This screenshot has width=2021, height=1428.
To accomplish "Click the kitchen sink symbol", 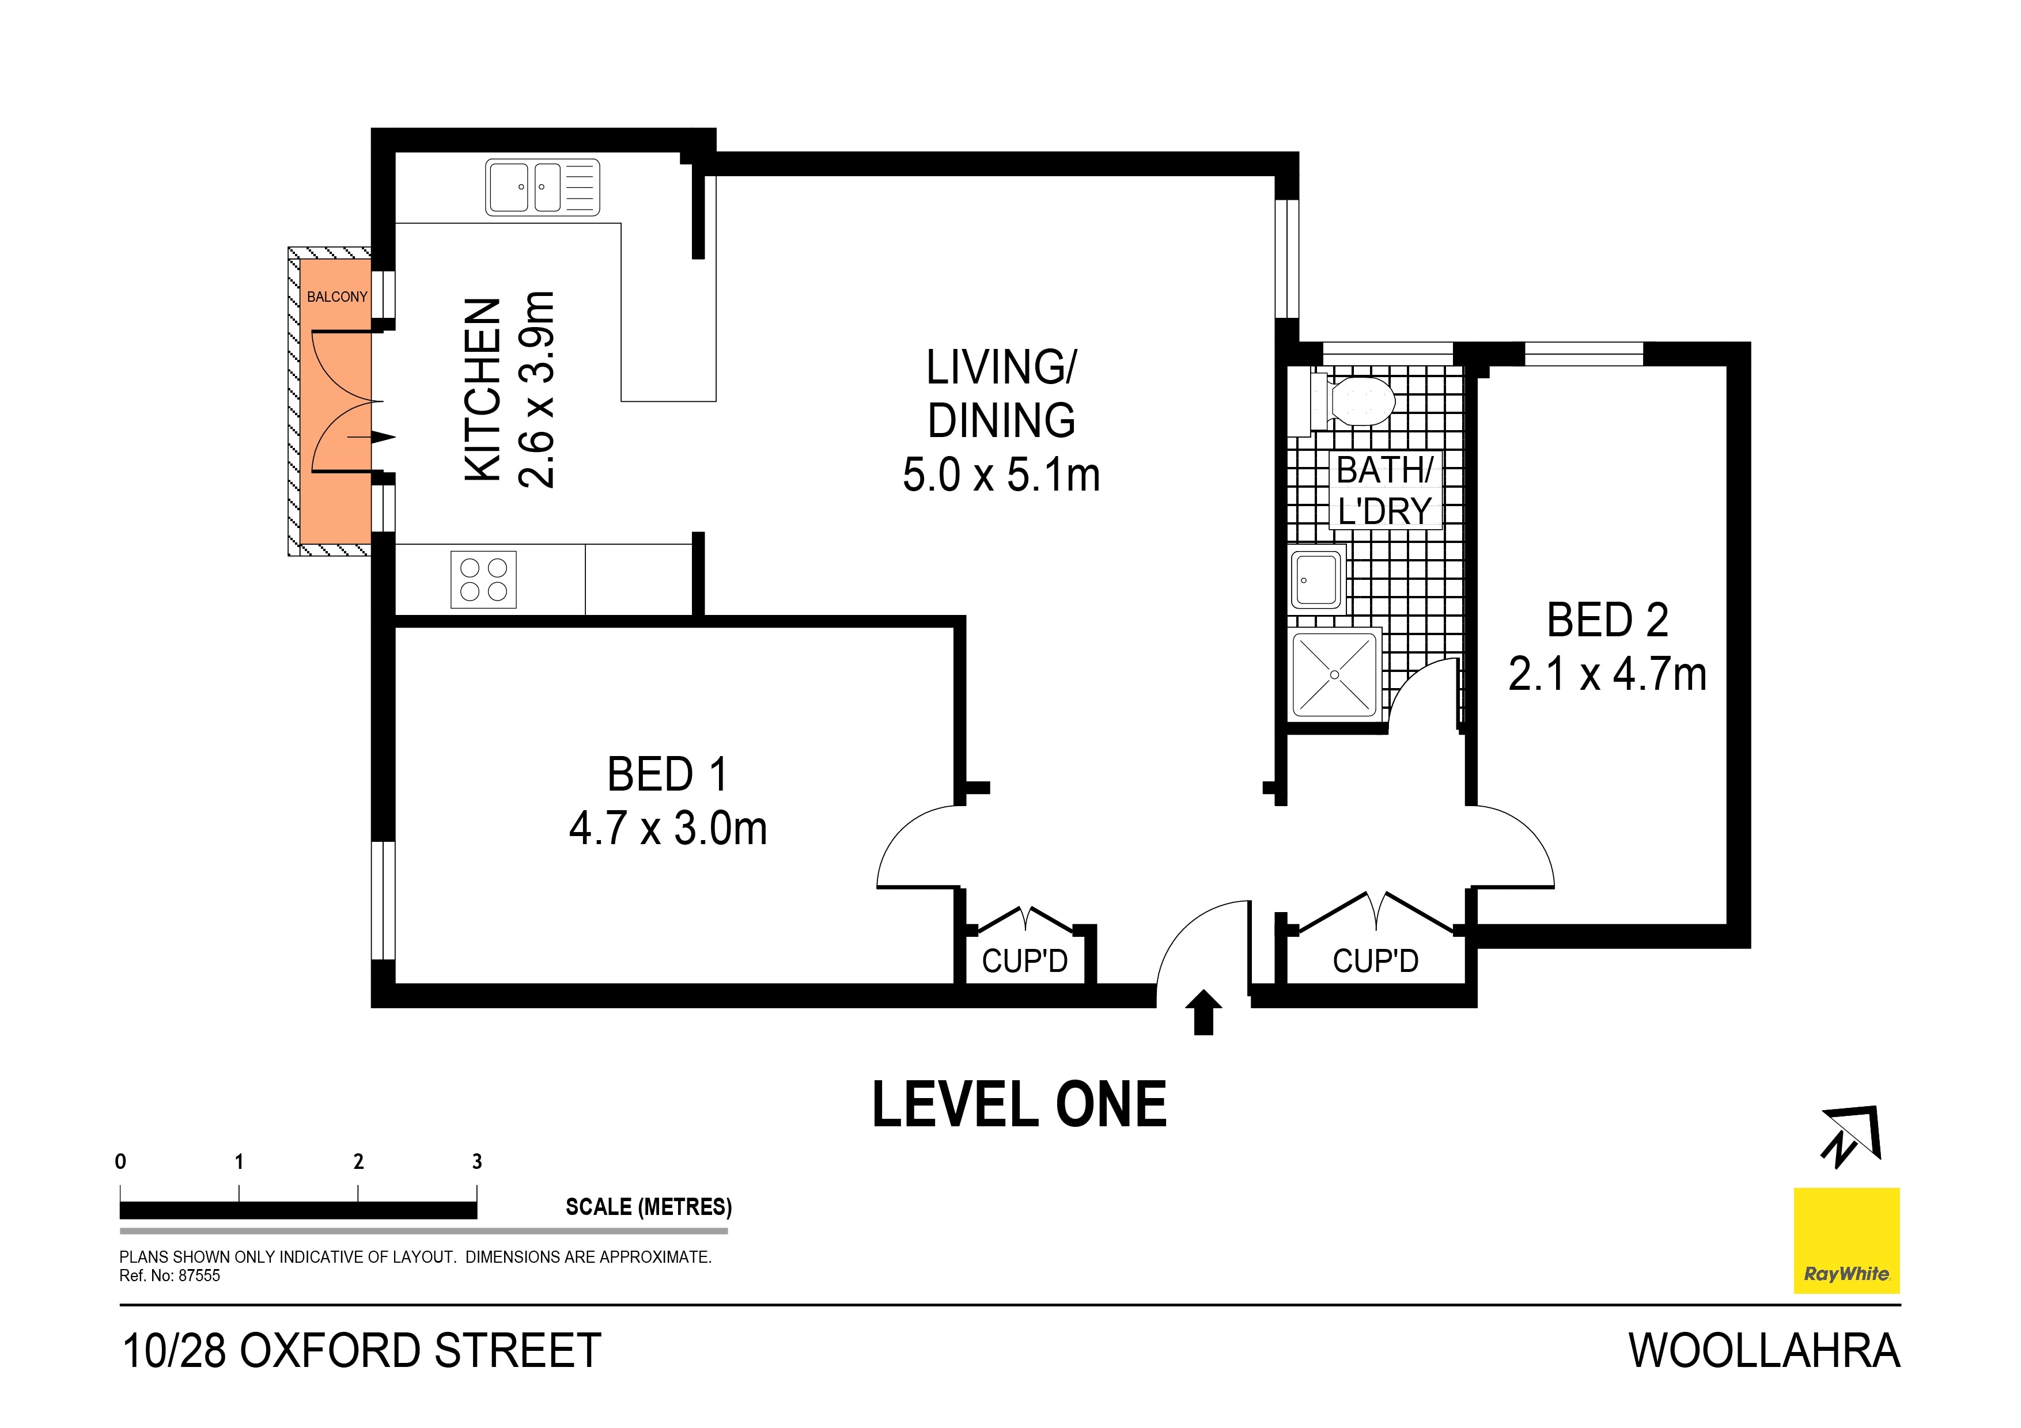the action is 542,187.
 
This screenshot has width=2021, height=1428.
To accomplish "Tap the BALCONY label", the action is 337,297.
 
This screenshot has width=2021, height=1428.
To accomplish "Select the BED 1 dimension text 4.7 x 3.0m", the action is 668,828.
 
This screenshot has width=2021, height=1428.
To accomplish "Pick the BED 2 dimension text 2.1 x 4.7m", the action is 1607,674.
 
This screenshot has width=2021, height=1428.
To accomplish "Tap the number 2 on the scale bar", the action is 358,1161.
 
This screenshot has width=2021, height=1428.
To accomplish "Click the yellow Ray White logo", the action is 1846,1241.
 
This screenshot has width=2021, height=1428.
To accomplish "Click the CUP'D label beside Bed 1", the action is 1024,961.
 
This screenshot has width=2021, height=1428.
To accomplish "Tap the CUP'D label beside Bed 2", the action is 1376,961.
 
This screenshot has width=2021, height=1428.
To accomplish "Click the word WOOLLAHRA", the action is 1764,1351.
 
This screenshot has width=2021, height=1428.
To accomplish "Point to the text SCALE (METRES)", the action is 649,1206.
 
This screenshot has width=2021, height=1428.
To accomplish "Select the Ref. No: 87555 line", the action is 170,1276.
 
